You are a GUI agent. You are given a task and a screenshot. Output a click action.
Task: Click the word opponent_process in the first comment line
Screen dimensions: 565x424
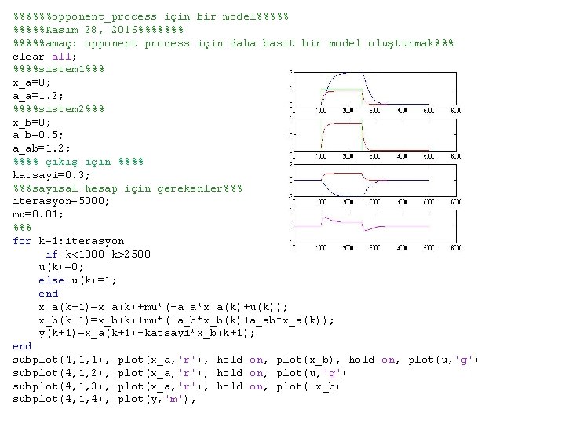97,16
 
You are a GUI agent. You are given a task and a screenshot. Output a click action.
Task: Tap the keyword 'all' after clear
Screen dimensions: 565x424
61,56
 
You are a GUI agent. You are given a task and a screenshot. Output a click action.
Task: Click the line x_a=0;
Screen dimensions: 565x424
32,82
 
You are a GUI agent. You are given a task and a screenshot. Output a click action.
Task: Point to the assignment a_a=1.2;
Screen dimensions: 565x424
38,95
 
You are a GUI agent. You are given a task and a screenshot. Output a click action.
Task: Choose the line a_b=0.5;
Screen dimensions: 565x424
38,134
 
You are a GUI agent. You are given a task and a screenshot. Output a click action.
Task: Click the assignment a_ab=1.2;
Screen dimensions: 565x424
42,148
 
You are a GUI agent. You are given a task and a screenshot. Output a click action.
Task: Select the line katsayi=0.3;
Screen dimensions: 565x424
52,174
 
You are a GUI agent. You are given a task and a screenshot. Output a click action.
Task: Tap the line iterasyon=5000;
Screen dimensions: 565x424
61,200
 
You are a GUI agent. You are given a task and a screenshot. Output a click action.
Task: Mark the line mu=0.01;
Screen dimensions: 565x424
38,214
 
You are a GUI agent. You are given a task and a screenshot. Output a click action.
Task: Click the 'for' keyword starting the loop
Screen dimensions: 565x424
22,240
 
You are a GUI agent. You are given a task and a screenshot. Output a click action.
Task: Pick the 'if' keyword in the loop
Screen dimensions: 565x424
52,254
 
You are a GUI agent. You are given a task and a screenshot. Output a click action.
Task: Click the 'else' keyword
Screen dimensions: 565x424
51,280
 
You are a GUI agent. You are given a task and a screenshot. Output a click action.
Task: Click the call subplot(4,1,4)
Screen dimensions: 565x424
61,399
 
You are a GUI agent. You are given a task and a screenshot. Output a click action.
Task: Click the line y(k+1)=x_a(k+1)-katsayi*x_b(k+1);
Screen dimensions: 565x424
147,333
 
